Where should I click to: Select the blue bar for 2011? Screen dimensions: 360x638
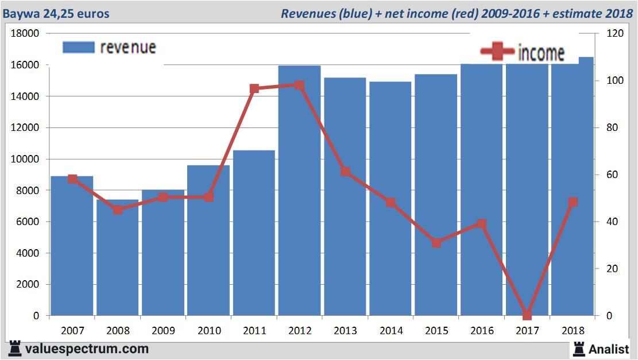[x=254, y=235]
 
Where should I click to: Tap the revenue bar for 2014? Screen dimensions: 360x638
[x=390, y=201]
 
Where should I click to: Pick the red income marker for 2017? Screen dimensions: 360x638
[x=527, y=315]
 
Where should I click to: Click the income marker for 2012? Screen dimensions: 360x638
[x=299, y=85]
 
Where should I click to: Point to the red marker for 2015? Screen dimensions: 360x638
[x=436, y=243]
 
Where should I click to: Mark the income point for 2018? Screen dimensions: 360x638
[x=573, y=202]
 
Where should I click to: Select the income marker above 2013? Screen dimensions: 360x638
[x=345, y=172]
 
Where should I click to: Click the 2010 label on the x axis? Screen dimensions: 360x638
[x=209, y=331]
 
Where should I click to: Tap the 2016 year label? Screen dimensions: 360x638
[x=482, y=331]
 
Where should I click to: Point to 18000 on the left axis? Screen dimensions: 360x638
[x=25, y=34]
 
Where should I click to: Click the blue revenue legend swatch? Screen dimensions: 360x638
[x=78, y=47]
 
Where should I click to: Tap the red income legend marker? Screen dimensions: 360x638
[x=496, y=52]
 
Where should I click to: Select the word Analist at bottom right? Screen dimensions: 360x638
[x=609, y=349]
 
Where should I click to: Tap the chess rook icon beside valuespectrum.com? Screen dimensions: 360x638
[x=15, y=349]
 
